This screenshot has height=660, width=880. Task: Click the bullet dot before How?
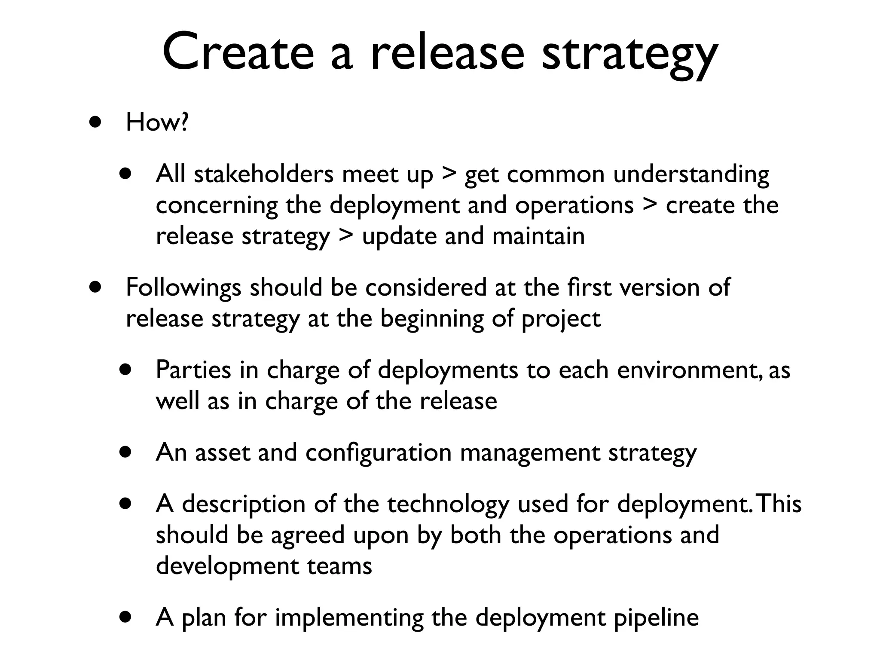95,122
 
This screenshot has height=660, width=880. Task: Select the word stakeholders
263,174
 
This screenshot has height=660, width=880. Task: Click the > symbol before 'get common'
449,174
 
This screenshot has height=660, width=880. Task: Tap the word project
561,319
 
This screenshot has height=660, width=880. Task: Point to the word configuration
378,452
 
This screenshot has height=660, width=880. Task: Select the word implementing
349,618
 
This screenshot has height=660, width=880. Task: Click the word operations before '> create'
574,205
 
